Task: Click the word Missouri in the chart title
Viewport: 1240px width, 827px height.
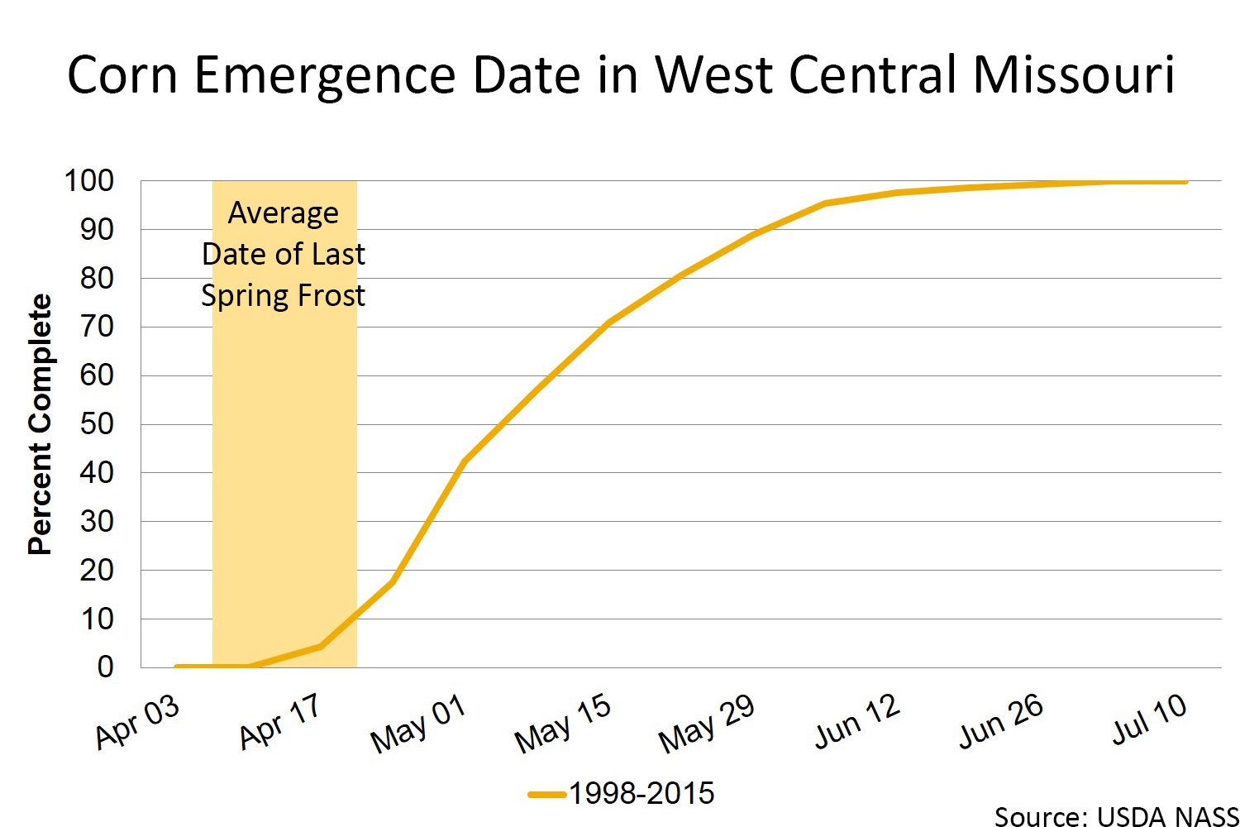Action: tap(1073, 75)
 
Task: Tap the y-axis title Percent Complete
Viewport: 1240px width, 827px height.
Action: tap(40, 423)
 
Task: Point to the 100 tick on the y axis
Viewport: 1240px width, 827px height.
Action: tap(89, 181)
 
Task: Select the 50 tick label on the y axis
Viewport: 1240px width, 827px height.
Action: tap(97, 424)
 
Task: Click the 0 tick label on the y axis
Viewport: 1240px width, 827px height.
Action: tap(105, 667)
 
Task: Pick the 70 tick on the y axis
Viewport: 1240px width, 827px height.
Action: tap(97, 327)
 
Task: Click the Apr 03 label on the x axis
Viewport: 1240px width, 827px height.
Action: tap(137, 720)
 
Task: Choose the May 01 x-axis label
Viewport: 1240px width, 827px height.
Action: tap(419, 724)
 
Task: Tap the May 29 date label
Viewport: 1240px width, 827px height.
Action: tap(707, 724)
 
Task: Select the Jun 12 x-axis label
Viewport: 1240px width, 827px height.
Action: tap(857, 720)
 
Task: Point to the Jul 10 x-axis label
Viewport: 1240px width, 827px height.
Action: tap(1150, 719)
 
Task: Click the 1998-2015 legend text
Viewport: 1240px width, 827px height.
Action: tap(641, 794)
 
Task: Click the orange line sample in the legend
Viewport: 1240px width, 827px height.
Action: tap(546, 795)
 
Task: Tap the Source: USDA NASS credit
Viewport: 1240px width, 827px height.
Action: tap(1115, 816)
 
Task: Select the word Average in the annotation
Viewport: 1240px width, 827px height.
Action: tap(284, 213)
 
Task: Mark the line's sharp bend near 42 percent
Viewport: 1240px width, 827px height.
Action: tap(465, 461)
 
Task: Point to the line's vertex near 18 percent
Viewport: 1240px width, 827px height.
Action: tap(393, 581)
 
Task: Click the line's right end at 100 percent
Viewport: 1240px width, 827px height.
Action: tap(1186, 181)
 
